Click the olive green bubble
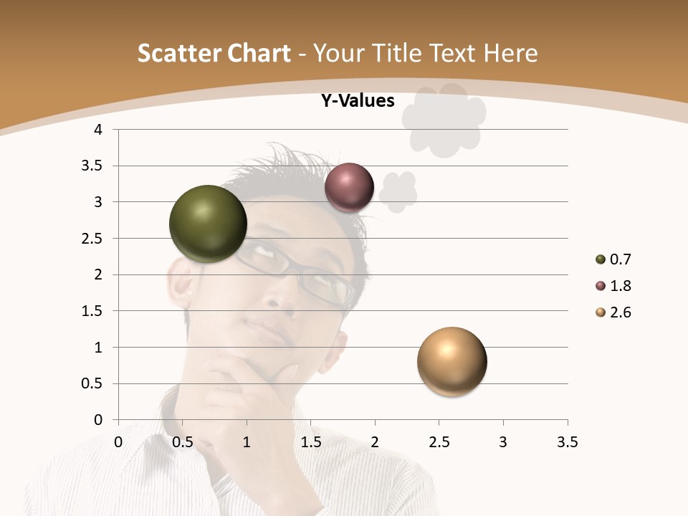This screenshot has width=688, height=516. (208, 224)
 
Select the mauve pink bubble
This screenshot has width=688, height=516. (349, 188)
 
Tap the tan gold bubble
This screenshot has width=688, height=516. (451, 361)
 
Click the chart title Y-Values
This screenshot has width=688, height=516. (357, 101)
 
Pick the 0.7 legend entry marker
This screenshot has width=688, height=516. (601, 259)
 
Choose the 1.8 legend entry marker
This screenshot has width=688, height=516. (601, 286)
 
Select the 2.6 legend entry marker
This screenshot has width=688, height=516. (601, 312)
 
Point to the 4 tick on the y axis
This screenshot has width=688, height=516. (98, 130)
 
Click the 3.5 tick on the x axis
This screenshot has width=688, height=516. (567, 442)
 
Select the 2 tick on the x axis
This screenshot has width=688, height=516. (374, 442)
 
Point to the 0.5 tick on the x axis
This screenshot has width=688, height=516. (183, 442)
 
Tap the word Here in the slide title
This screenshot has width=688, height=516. (510, 53)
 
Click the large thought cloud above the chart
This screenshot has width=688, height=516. (444, 119)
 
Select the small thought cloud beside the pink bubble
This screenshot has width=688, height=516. (398, 191)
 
